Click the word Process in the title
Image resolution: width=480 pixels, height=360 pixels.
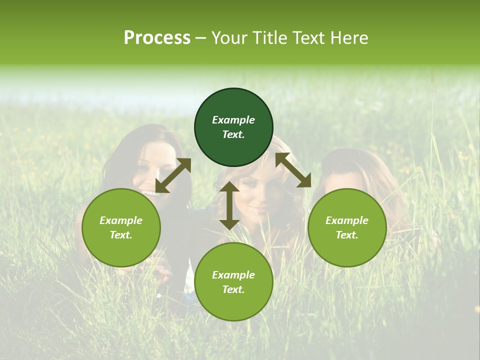(x=157, y=38)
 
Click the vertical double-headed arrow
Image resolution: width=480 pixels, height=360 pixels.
(x=229, y=205)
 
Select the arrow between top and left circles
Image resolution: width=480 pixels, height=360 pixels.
(x=173, y=175)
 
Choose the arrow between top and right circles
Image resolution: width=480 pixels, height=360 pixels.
(x=293, y=170)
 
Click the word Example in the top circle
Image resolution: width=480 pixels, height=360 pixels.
(x=233, y=120)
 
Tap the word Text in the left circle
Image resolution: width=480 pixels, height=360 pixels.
(x=121, y=235)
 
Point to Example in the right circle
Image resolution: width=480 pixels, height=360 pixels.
(x=347, y=220)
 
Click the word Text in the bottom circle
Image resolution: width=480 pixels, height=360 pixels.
(x=233, y=289)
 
